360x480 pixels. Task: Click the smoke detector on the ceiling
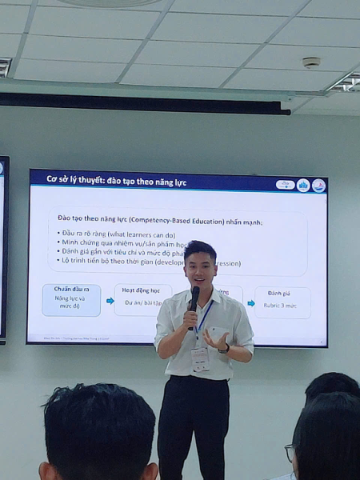(x=311, y=62)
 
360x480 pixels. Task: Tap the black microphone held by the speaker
(x=194, y=299)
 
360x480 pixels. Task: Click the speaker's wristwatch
(x=225, y=348)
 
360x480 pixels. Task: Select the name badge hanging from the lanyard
(x=200, y=358)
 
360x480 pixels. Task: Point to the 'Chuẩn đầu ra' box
(x=71, y=300)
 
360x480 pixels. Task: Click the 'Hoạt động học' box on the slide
(x=142, y=299)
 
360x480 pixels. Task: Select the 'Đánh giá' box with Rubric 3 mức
(x=282, y=302)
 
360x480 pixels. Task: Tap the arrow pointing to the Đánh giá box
(x=250, y=303)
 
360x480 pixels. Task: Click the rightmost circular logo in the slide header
(x=318, y=185)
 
